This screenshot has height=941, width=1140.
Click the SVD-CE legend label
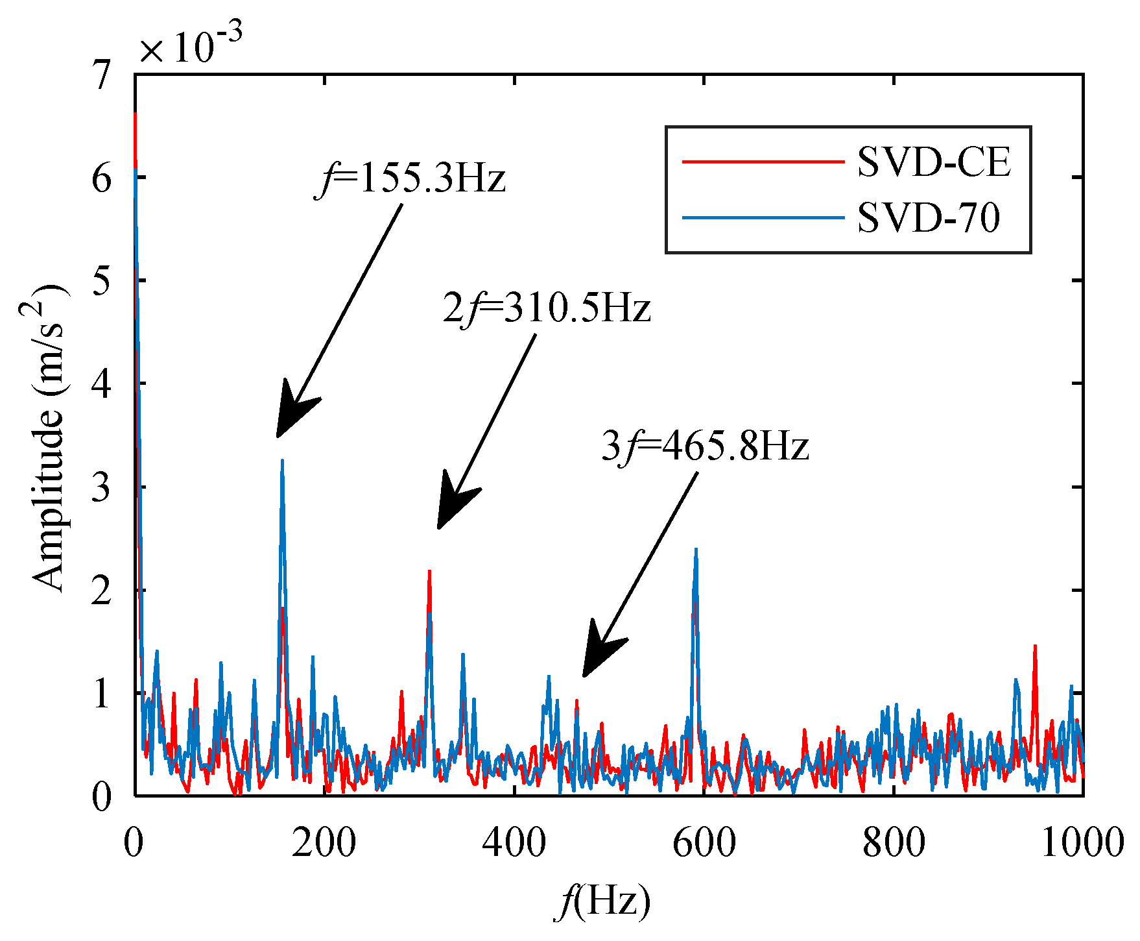[x=934, y=162]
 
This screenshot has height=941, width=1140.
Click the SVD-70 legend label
[x=929, y=218]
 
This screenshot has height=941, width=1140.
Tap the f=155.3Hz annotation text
[x=411, y=179]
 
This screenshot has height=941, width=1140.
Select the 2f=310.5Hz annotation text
[x=547, y=308]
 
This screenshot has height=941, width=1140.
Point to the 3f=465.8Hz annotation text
[x=706, y=446]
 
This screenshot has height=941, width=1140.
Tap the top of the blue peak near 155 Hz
[x=282, y=461]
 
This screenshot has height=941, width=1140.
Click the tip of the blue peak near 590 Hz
[x=696, y=550]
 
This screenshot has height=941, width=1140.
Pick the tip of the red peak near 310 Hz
[x=429, y=572]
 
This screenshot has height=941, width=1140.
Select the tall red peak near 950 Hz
[x=1035, y=646]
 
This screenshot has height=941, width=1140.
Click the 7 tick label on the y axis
[x=102, y=75]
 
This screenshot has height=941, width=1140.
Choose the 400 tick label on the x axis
[x=514, y=844]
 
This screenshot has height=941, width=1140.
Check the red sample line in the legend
[x=763, y=162]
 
